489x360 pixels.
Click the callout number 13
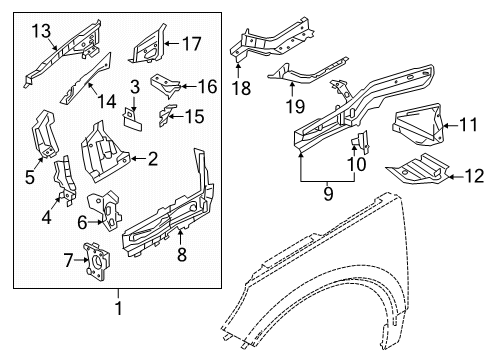pyautogui.click(x=40, y=33)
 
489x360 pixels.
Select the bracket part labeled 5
pyautogui.click(x=45, y=131)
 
